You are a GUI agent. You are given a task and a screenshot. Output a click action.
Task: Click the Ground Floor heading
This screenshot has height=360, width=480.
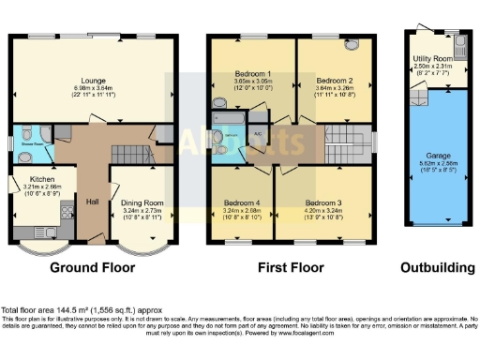(x=94, y=267)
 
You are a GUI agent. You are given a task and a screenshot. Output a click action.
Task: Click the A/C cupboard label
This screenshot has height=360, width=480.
(x=258, y=134)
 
